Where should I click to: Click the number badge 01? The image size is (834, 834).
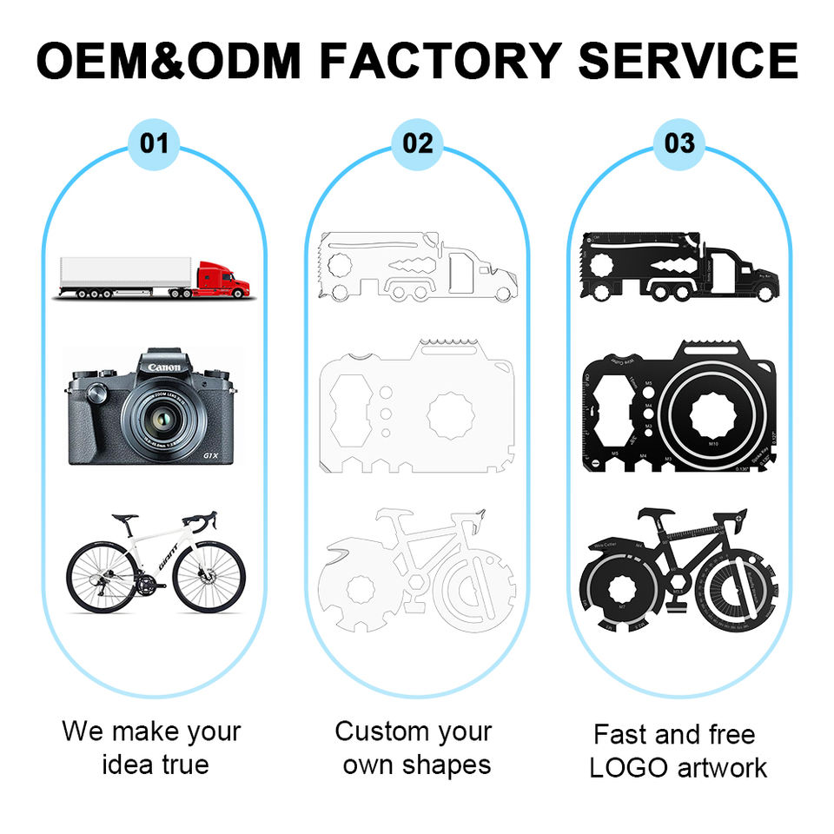pos(154,142)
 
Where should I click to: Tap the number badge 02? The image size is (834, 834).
pos(418,142)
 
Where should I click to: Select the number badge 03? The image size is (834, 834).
pos(679,142)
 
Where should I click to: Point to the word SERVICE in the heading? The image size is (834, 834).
pos(687,59)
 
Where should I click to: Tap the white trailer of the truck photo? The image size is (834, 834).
pos(124,274)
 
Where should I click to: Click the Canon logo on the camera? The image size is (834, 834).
pos(164,368)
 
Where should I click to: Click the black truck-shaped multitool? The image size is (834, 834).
pos(679,269)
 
